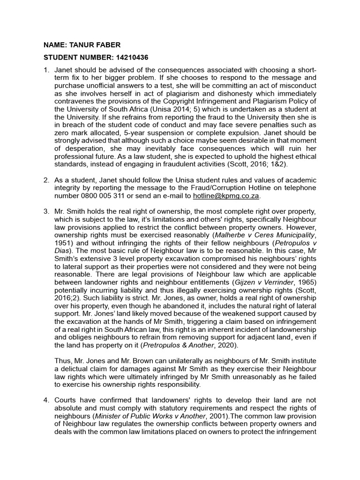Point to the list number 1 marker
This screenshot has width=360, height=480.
click(x=46, y=70)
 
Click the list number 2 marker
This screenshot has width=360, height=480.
click(x=46, y=180)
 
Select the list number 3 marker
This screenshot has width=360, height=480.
click(x=46, y=212)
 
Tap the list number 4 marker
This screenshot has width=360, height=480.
click(x=46, y=400)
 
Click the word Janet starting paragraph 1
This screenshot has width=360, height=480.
click(x=66, y=70)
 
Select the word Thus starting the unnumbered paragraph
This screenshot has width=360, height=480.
click(x=64, y=361)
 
